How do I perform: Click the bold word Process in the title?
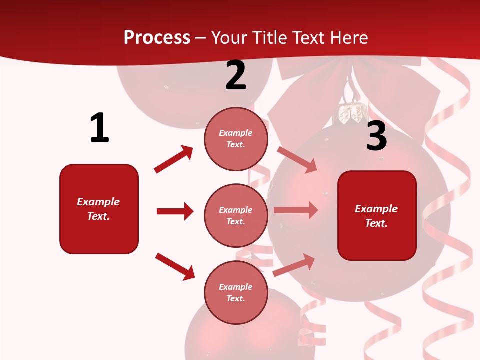pyautogui.click(x=157, y=37)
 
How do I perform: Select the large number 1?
pyautogui.click(x=99, y=128)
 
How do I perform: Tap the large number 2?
pyautogui.click(x=236, y=75)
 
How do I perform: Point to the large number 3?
pyautogui.click(x=376, y=136)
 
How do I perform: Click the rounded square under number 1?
pyautogui.click(x=99, y=209)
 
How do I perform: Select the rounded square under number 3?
pyautogui.click(x=377, y=215)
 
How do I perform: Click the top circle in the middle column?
pyautogui.click(x=236, y=139)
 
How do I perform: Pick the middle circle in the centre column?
pyautogui.click(x=236, y=215)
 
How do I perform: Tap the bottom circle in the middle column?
pyautogui.click(x=236, y=292)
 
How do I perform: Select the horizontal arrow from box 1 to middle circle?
pyautogui.click(x=175, y=211)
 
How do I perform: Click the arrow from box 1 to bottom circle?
pyautogui.click(x=175, y=266)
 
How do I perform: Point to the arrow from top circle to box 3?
pyautogui.click(x=297, y=159)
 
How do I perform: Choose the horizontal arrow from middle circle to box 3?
pyautogui.click(x=296, y=210)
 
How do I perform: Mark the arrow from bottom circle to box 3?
pyautogui.click(x=294, y=264)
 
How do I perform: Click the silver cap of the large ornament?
pyautogui.click(x=351, y=113)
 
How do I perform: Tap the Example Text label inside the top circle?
pyautogui.click(x=236, y=139)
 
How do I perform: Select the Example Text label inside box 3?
pyautogui.click(x=376, y=216)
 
